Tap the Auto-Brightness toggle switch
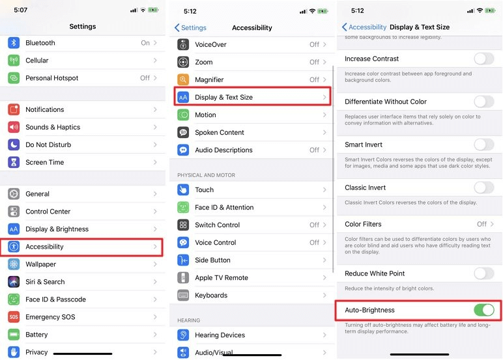pos(483,310)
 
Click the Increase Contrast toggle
pos(483,59)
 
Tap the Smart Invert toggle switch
pos(483,145)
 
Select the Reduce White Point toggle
pos(483,273)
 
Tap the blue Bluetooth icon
pos(14,43)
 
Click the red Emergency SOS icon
pos(14,317)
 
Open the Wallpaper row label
pos(40,264)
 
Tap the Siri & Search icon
pos(14,282)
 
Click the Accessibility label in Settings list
pos(44,247)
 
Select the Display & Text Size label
pos(223,97)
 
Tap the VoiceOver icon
pos(183,45)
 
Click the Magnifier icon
pos(183,79)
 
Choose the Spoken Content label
pos(219,132)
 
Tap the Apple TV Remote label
pos(222,277)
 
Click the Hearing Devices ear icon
pos(183,335)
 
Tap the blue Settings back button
pos(190,28)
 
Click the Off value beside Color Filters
pos(481,224)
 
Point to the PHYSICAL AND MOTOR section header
pos(206,175)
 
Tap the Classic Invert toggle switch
pos(483,187)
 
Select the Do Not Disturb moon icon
pos(14,145)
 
